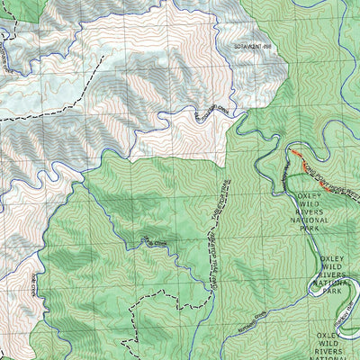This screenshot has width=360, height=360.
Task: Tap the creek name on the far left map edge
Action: pyautogui.click(x=4, y=58)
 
